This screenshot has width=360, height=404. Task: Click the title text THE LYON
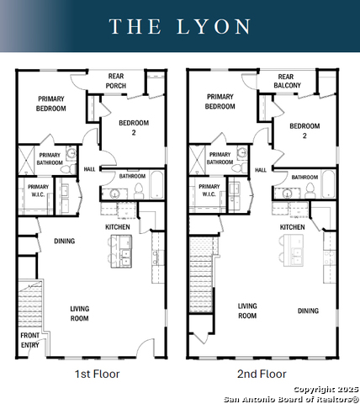coord(180,27)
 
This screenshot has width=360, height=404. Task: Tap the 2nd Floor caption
coord(262,374)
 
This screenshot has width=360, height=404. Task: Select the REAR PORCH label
coord(116,81)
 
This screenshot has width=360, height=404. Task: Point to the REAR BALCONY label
coord(286,81)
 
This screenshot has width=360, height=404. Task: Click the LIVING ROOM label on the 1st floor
coord(79,313)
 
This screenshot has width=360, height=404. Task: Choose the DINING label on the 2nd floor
coord(308,311)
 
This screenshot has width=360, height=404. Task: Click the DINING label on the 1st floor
coord(64,242)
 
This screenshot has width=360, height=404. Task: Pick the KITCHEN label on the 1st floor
coord(117,227)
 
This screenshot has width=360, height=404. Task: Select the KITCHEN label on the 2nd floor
coord(292,227)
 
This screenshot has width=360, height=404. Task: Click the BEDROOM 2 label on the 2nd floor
coord(304,130)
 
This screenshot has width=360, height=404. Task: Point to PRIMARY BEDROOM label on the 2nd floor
coord(220,102)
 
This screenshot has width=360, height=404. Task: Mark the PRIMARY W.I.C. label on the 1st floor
coord(38,191)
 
